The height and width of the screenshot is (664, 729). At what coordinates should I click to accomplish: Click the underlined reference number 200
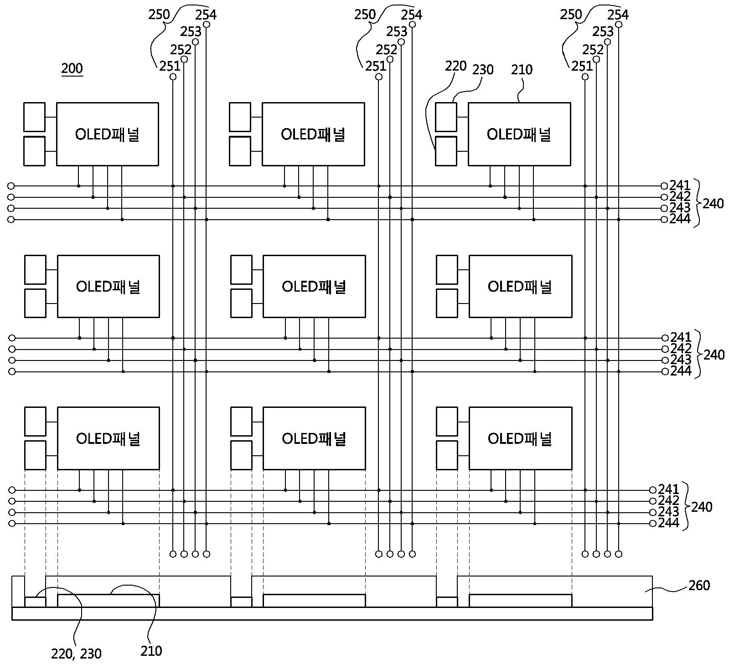72,69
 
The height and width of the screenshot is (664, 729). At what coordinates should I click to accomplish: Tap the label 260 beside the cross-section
699,585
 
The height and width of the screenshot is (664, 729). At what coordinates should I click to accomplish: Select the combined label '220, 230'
77,654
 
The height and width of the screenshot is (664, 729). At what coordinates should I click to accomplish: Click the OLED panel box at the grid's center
314,286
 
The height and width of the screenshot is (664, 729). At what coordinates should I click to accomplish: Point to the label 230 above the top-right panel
483,70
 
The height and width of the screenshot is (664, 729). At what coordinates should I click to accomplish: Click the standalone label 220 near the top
456,66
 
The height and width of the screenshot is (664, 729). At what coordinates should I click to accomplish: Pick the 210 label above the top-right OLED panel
522,70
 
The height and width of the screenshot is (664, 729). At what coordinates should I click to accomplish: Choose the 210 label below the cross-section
151,651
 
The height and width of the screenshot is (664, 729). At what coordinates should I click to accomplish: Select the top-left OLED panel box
108,134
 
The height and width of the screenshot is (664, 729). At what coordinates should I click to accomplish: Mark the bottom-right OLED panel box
520,438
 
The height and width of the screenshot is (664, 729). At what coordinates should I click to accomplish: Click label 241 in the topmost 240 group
680,185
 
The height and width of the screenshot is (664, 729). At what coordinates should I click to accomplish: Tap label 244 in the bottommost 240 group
668,523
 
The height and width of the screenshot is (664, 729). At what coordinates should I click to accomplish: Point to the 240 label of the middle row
714,355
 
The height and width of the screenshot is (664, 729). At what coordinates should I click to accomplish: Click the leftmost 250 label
159,15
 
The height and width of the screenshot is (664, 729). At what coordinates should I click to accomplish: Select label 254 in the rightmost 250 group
618,15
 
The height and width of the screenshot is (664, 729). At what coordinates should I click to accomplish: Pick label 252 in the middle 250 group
387,49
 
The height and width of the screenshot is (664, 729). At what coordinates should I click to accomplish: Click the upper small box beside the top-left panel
34,117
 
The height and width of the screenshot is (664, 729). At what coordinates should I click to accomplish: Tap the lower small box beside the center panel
241,303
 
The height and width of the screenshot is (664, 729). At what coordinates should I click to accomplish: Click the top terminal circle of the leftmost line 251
173,77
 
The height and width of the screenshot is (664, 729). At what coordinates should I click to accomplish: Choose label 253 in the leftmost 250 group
191,32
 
